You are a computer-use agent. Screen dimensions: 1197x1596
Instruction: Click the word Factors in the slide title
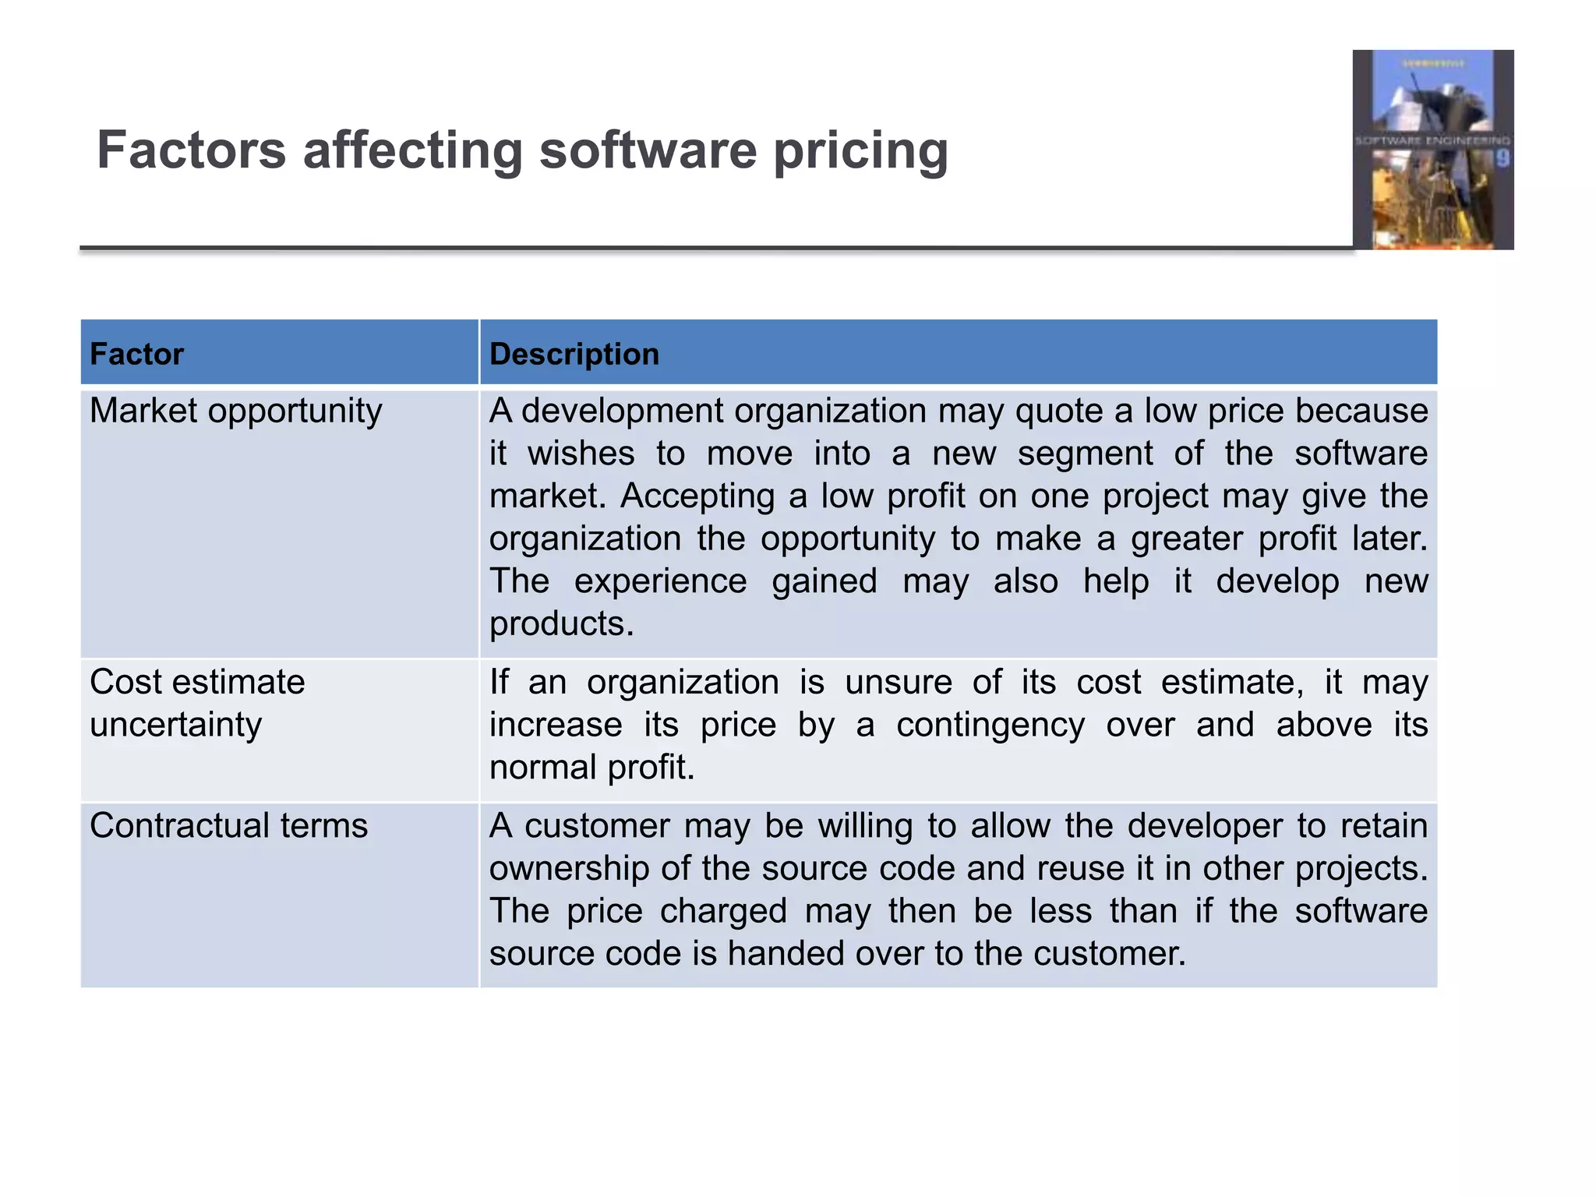click(x=192, y=150)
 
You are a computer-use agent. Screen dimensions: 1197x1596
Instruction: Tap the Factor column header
click(x=136, y=355)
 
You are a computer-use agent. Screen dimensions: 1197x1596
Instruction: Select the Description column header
click(x=574, y=355)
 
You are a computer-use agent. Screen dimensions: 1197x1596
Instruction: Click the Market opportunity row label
click(x=235, y=411)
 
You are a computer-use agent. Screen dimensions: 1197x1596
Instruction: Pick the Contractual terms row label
click(x=228, y=826)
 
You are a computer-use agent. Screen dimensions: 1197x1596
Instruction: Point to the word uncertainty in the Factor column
click(x=176, y=726)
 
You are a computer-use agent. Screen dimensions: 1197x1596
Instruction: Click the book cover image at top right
click(x=1432, y=150)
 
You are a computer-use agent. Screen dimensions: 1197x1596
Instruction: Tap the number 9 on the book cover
click(x=1502, y=159)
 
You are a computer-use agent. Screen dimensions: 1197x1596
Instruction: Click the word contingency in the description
click(x=990, y=726)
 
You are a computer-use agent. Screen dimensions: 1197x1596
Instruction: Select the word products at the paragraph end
click(x=561, y=624)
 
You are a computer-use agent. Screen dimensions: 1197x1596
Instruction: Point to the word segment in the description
click(x=1085, y=454)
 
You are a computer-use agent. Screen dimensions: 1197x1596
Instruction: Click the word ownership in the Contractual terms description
click(x=569, y=869)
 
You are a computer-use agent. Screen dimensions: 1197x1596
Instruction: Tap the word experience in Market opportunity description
click(x=660, y=582)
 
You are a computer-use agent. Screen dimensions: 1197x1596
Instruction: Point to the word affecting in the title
click(x=412, y=150)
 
